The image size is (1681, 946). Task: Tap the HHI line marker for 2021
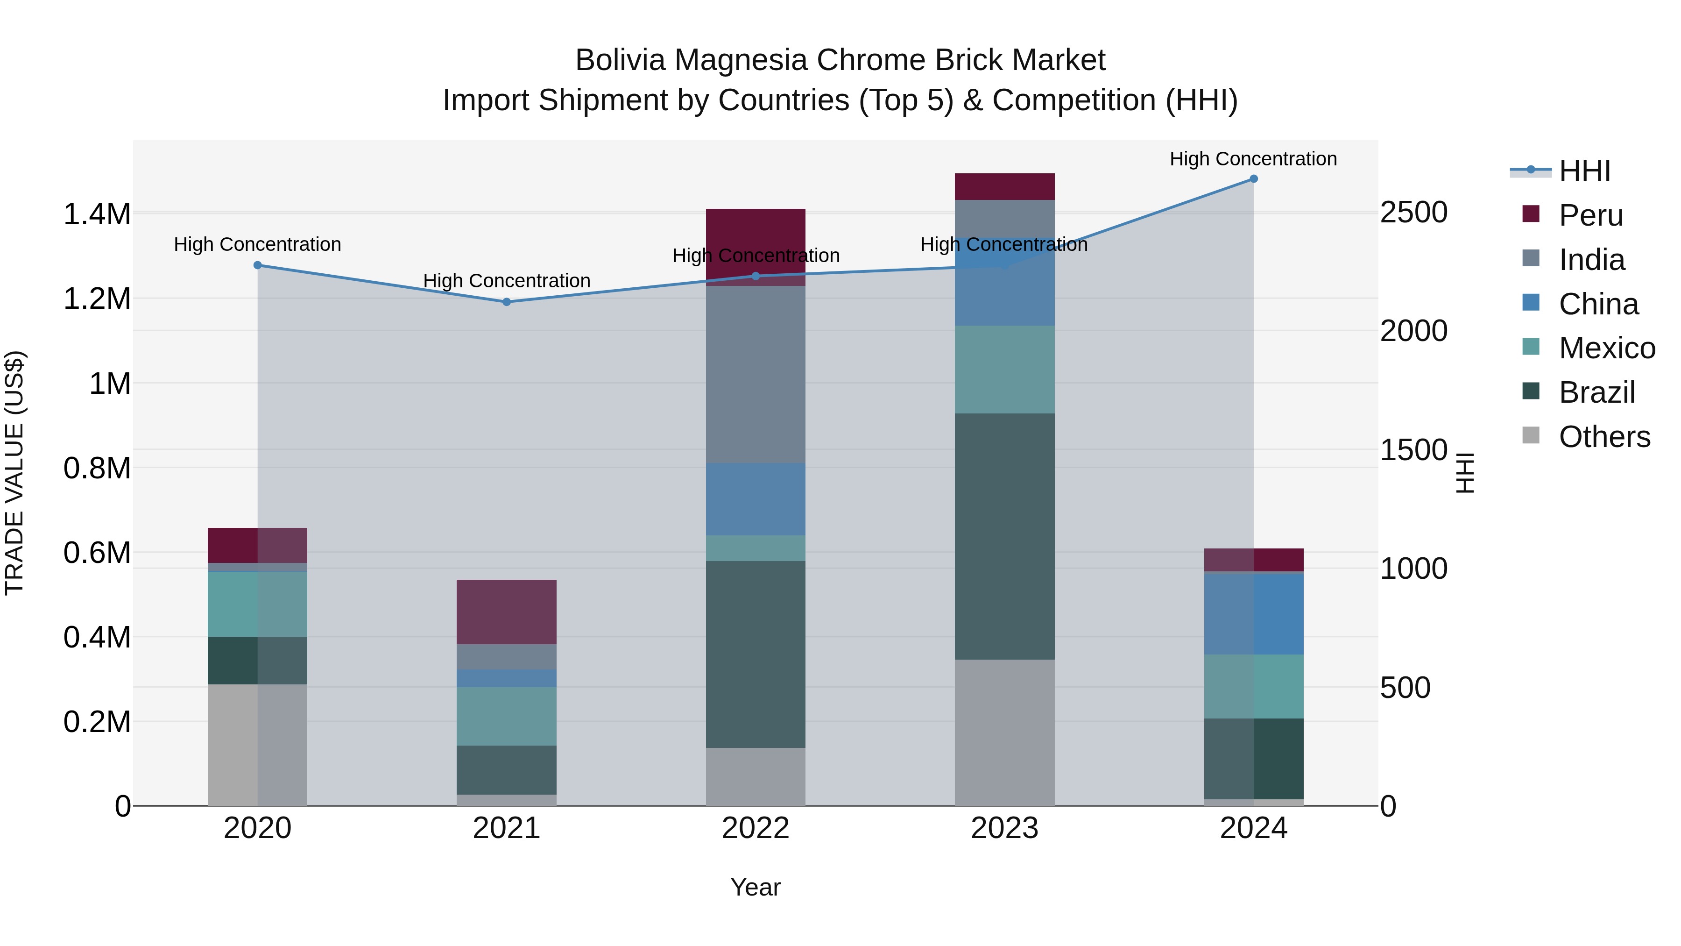[x=506, y=302]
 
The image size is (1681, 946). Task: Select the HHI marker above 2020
[x=258, y=265]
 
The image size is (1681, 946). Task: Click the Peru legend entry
[x=1590, y=215]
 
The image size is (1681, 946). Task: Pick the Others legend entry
[x=1603, y=437]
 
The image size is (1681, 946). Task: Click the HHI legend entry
[x=1584, y=171]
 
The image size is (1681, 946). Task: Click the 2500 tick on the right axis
[x=1413, y=213]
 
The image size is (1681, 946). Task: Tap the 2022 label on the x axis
[x=756, y=828]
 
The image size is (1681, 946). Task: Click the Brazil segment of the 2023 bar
[x=1004, y=535]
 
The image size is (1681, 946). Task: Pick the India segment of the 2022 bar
[x=756, y=374]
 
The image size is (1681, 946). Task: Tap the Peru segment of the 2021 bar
[x=506, y=612]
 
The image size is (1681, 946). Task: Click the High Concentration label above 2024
[x=1253, y=159]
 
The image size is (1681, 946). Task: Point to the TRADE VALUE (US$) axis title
[x=14, y=473]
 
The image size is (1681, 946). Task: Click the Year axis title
[x=756, y=887]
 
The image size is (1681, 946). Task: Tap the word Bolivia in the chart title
[x=620, y=60]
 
